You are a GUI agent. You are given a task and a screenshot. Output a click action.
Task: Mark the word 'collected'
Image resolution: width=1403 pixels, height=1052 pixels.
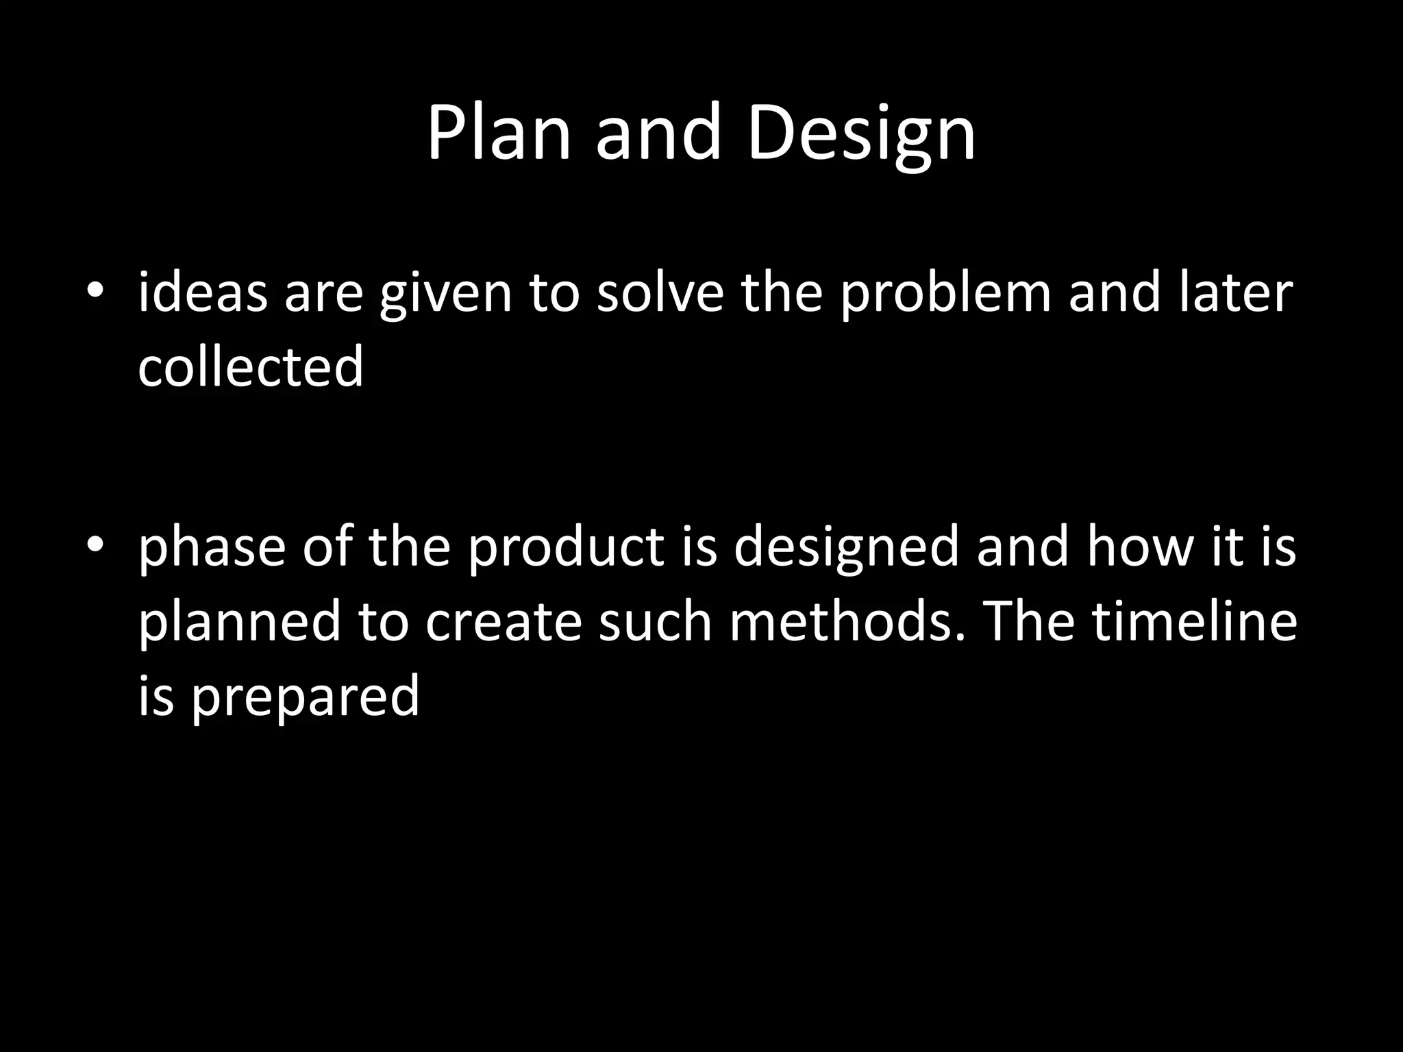click(x=251, y=366)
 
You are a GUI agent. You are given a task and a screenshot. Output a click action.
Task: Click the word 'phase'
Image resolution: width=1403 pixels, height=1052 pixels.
click(x=212, y=548)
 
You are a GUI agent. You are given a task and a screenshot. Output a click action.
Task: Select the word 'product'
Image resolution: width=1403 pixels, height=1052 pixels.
click(x=566, y=548)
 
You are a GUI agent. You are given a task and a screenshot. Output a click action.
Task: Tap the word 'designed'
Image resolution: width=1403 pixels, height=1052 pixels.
click(x=846, y=548)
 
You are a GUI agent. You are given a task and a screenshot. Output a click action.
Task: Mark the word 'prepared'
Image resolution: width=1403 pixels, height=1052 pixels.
click(x=305, y=696)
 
